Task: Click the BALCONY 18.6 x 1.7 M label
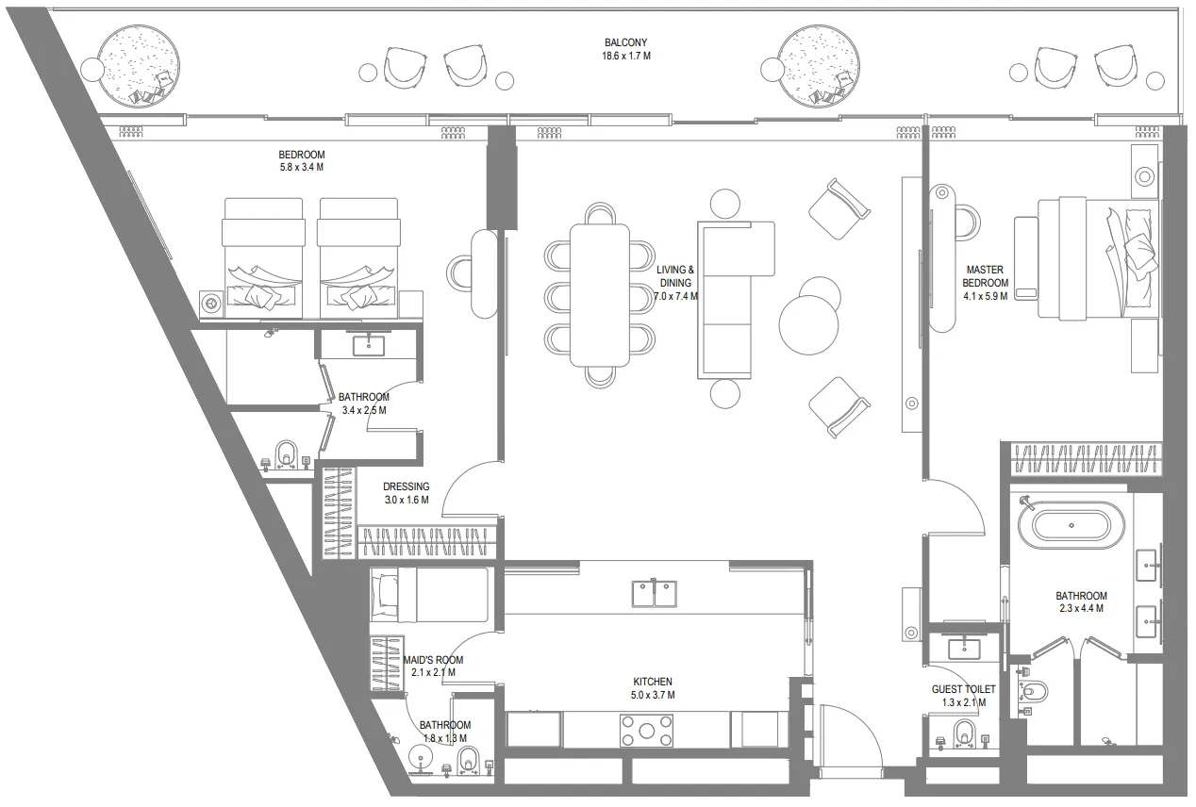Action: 627,49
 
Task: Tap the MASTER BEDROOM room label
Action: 985,283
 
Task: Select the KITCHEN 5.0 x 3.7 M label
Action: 652,688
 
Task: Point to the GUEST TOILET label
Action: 957,696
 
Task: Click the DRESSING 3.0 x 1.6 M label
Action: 406,493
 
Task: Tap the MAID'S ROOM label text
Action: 434,667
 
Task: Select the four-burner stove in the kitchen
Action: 646,730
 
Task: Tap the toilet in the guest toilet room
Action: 963,733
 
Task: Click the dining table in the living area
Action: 599,294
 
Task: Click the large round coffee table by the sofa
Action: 807,325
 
